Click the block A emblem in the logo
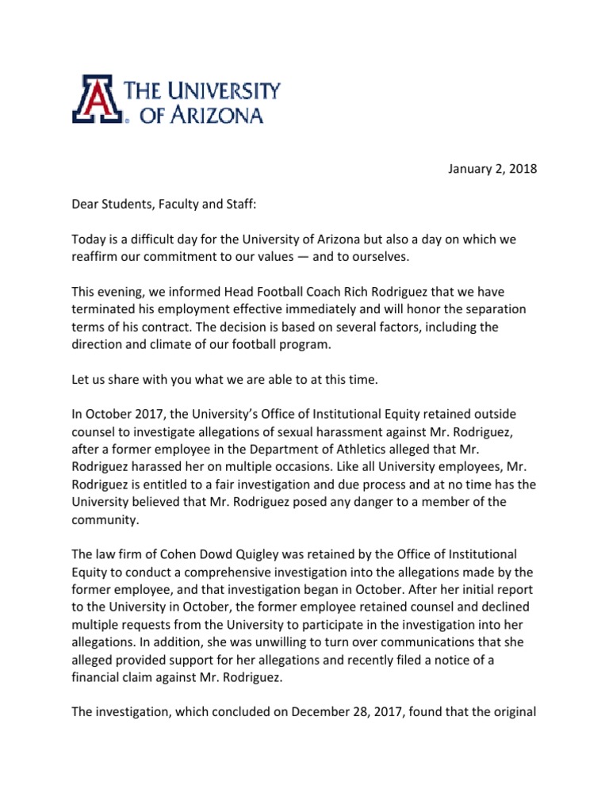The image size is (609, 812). click(x=98, y=98)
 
